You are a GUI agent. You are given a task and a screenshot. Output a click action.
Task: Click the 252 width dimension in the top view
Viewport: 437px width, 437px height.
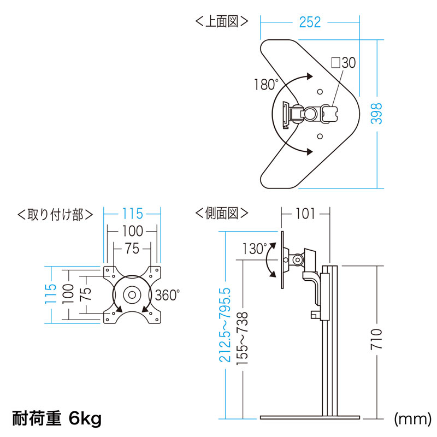310,22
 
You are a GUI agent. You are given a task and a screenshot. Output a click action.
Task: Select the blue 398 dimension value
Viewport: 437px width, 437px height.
376,114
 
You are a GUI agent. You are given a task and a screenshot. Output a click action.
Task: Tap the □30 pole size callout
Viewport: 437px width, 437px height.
343,63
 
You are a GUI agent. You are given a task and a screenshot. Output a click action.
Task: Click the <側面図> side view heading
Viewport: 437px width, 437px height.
221,213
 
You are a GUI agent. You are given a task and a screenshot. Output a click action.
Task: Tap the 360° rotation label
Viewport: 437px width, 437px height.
167,296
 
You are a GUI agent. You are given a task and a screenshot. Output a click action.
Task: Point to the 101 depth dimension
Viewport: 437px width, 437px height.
305,214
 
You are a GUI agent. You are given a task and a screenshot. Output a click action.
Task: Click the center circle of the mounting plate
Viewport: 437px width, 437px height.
131,294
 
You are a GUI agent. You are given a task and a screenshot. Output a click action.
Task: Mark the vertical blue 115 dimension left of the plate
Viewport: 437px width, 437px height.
51,294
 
